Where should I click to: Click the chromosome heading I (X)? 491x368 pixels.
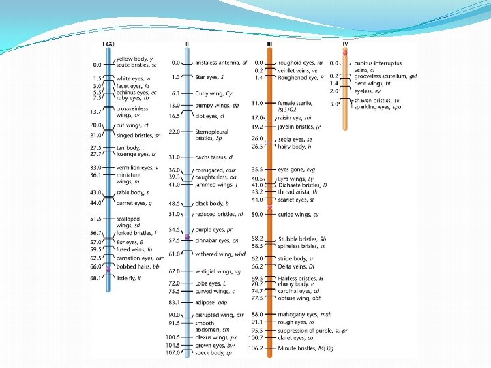coord(108,44)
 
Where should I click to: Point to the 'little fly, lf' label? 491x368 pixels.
coord(129,278)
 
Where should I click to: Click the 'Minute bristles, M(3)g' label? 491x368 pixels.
coord(306,348)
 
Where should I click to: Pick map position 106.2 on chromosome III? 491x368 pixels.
coord(256,348)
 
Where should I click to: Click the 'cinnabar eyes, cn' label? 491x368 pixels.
coord(217,241)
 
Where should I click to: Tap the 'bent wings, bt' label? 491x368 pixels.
coord(372,82)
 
